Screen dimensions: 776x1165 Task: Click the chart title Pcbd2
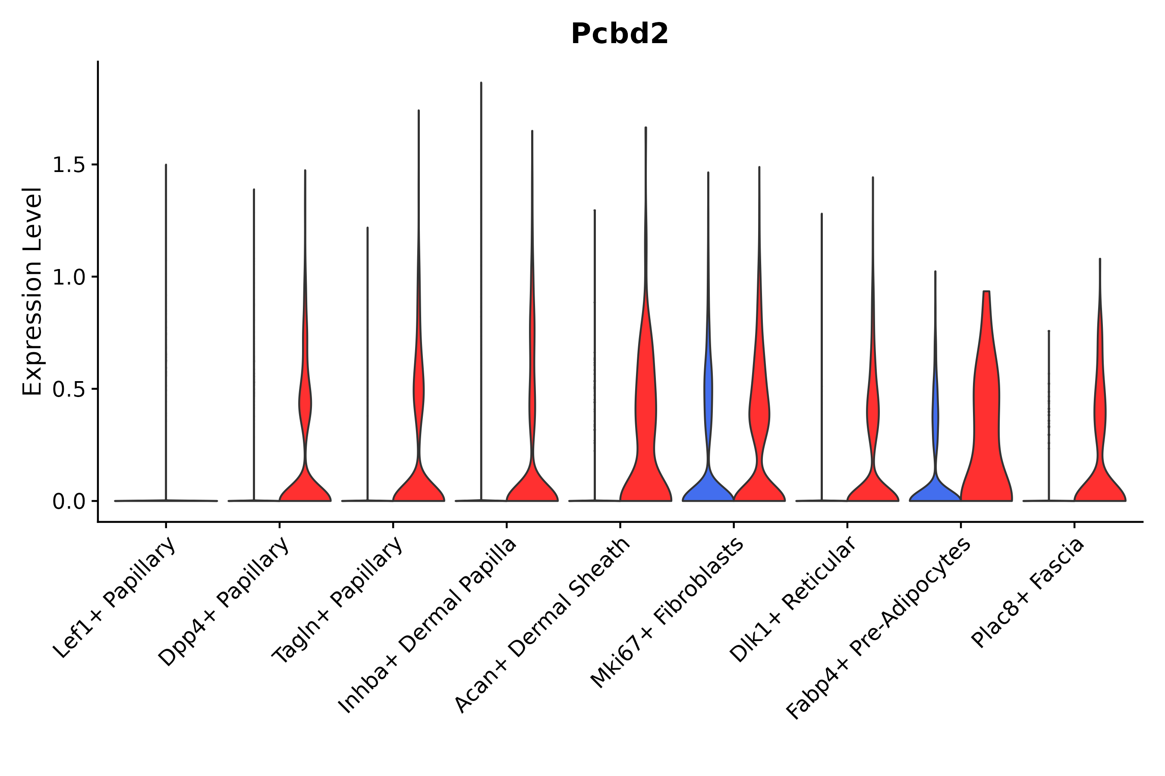[619, 34]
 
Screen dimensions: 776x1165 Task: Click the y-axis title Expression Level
[31, 291]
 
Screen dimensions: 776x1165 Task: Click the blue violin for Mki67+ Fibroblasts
[708, 485]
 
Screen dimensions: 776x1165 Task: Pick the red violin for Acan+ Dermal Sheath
[645, 421]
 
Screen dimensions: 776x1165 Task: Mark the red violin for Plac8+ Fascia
[1099, 485]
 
